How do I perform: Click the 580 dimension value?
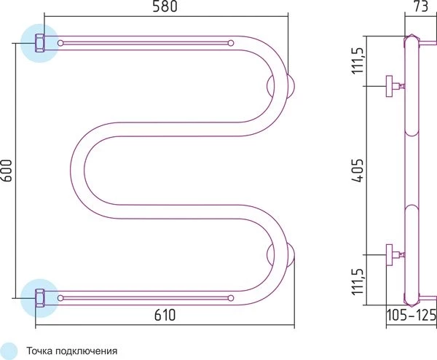pyautogui.click(x=165, y=7)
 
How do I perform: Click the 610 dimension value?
pyautogui.click(x=165, y=315)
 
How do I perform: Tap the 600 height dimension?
pyautogui.click(x=7, y=171)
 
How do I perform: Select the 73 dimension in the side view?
pyautogui.click(x=421, y=6)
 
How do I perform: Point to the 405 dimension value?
pyautogui.click(x=358, y=171)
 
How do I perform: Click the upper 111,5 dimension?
pyautogui.click(x=358, y=60)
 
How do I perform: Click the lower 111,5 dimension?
pyautogui.click(x=358, y=281)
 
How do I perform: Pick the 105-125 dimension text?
pyautogui.click(x=412, y=315)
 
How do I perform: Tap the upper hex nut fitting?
pyautogui.click(x=39, y=43)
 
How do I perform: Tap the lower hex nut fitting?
pyautogui.click(x=39, y=298)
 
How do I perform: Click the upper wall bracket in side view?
pyautogui.click(x=395, y=86)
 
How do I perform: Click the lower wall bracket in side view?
pyautogui.click(x=395, y=255)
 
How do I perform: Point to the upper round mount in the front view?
pyautogui.click(x=281, y=86)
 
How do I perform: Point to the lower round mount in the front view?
pyautogui.click(x=281, y=254)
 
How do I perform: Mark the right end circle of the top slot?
pyautogui.click(x=231, y=43)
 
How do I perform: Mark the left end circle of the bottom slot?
pyautogui.click(x=60, y=298)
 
